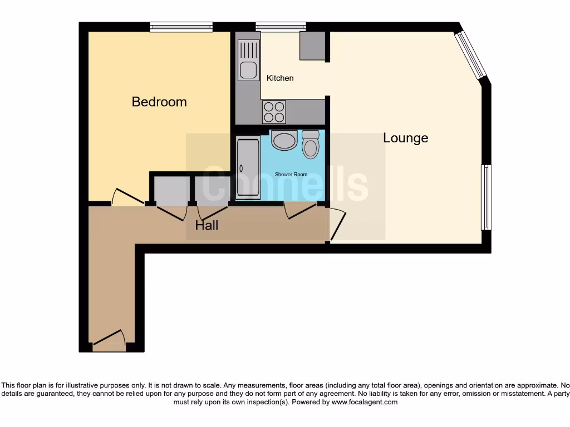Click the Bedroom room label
pos(159,102)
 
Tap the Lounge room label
pos(405,138)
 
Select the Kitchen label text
pos(280,78)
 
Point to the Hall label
pos(207,225)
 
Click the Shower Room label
pos(291,175)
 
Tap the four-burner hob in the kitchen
pos(274,112)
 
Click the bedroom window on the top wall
pos(181,26)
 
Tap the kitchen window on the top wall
pos(281,26)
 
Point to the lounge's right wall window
pos(486,197)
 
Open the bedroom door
pos(127,197)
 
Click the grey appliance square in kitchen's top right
pos(312,46)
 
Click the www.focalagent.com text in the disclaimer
pos(365,402)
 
